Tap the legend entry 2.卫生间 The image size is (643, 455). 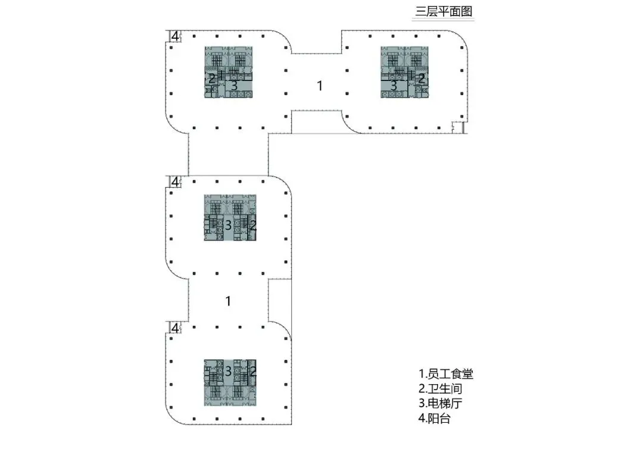click(441, 389)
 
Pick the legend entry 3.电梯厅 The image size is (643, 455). click(441, 404)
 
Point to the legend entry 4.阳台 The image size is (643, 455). click(435, 419)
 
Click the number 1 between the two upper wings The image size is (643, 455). click(320, 86)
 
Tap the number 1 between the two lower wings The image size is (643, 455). click(228, 301)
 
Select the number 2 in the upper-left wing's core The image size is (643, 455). click(211, 78)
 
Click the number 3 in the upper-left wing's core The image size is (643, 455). click(234, 86)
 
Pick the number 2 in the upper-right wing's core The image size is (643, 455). click(422, 78)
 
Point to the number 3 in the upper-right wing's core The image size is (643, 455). click(394, 86)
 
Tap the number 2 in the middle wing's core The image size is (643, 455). click(252, 225)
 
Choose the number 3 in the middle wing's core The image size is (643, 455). click(228, 225)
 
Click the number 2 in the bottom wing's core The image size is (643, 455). click(252, 371)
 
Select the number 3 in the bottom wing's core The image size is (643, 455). click(228, 371)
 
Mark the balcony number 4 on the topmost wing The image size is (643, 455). click(174, 36)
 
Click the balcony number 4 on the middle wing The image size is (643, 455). click(174, 182)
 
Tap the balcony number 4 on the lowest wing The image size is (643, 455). click(174, 328)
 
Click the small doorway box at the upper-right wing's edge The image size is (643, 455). click(457, 127)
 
